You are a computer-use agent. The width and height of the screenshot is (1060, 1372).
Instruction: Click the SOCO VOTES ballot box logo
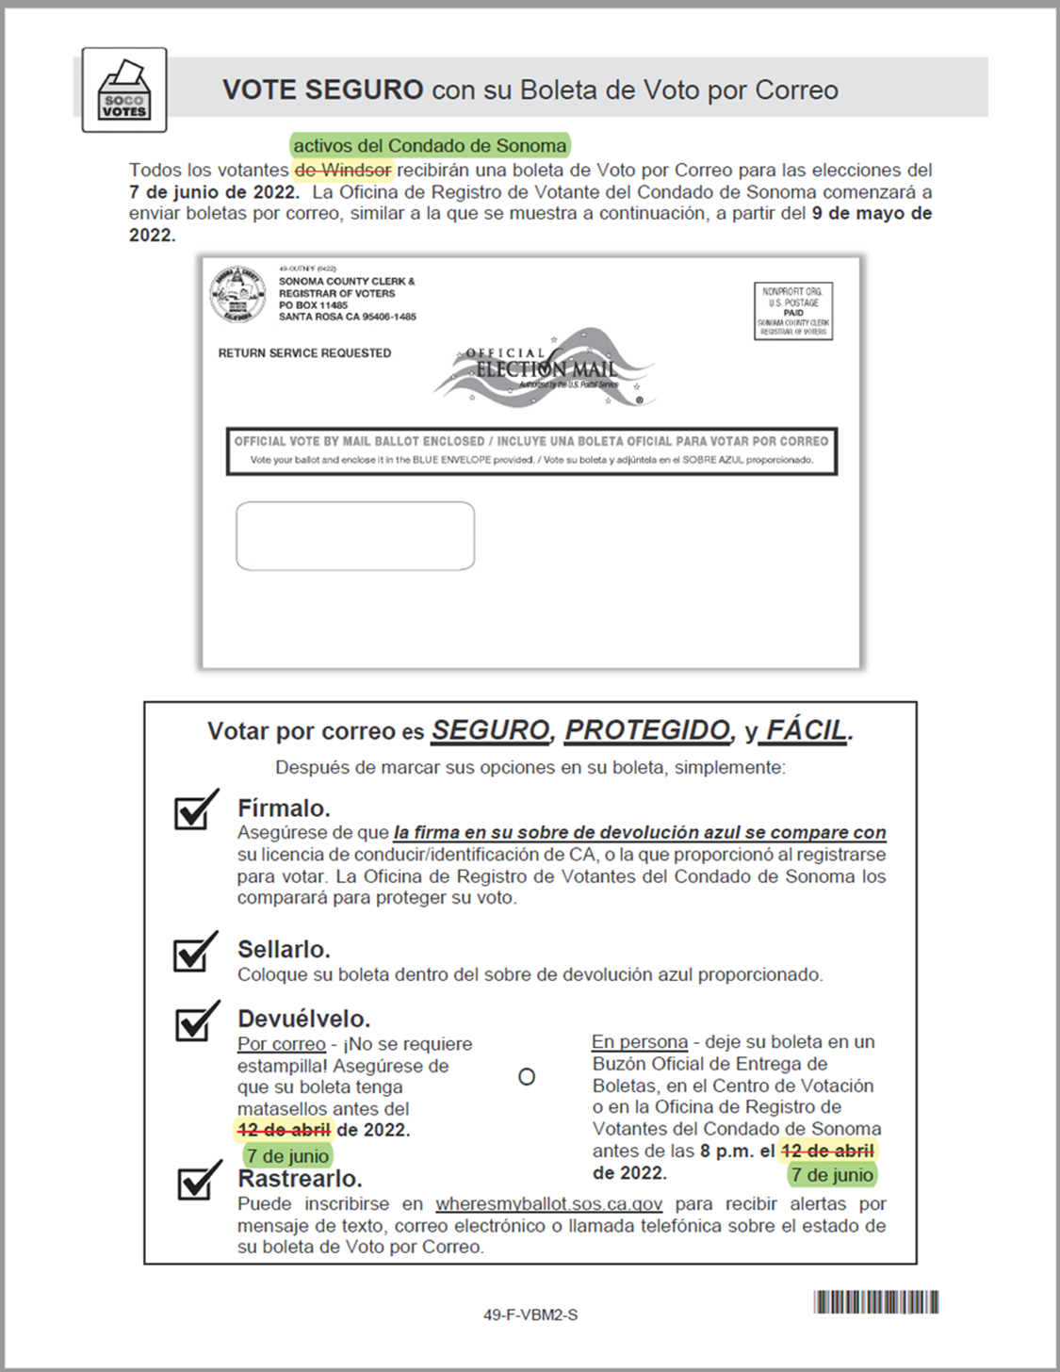pos(124,90)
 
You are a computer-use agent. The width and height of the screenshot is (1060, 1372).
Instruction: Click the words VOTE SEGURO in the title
pos(322,90)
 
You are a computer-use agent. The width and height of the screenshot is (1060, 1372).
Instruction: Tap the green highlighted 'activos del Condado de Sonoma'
pos(430,146)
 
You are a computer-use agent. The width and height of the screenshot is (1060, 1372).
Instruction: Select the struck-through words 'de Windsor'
pos(343,171)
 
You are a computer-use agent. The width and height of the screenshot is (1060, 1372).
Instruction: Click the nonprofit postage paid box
pos(793,311)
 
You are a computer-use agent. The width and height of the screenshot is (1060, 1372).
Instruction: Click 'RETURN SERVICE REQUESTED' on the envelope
pos(304,353)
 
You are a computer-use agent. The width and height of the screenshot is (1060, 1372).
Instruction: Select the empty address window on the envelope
pos(355,536)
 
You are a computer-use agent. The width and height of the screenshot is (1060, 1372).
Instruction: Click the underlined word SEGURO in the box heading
pos(490,730)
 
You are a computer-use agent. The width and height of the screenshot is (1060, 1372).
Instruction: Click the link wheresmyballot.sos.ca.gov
pos(548,1204)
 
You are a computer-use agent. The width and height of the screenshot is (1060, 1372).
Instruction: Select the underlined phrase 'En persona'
pos(640,1042)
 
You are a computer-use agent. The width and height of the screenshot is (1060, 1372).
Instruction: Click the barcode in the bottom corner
pos(876,1302)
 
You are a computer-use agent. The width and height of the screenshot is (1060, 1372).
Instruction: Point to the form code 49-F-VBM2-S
pos(530,1315)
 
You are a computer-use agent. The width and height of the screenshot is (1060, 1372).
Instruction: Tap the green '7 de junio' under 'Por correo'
pos(287,1156)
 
